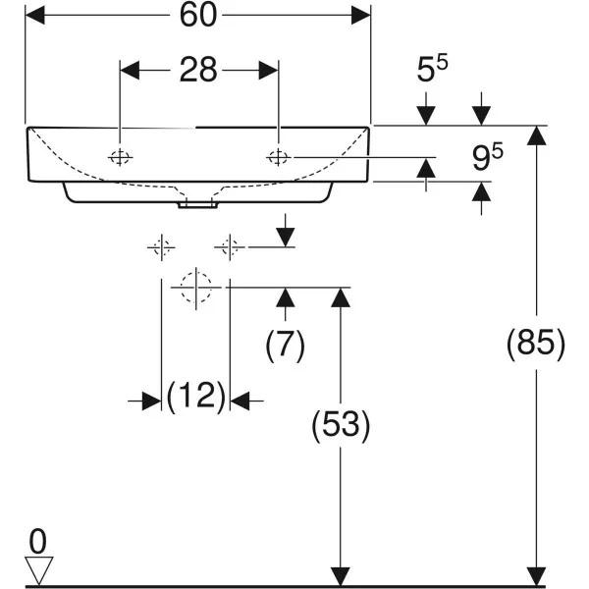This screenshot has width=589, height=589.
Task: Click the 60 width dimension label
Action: (x=197, y=15)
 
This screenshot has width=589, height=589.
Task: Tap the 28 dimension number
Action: (x=198, y=72)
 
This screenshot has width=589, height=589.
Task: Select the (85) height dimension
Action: (x=536, y=344)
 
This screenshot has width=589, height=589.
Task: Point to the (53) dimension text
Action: (x=340, y=425)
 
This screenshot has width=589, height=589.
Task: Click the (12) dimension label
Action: (x=195, y=398)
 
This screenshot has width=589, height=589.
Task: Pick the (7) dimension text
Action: (x=286, y=344)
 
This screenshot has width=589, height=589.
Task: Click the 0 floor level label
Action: (x=37, y=540)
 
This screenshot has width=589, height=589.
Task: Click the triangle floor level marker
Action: (x=38, y=568)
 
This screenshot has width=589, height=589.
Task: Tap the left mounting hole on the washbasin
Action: (x=119, y=157)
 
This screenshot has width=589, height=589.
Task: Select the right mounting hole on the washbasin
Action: (x=279, y=156)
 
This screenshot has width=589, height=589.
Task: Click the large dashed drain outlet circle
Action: (x=195, y=287)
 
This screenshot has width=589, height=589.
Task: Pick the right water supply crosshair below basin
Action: (x=230, y=247)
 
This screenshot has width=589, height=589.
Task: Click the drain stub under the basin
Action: (x=197, y=205)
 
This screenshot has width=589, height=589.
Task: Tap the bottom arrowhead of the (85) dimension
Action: (x=536, y=575)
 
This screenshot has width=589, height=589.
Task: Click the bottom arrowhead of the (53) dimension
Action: (x=340, y=575)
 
